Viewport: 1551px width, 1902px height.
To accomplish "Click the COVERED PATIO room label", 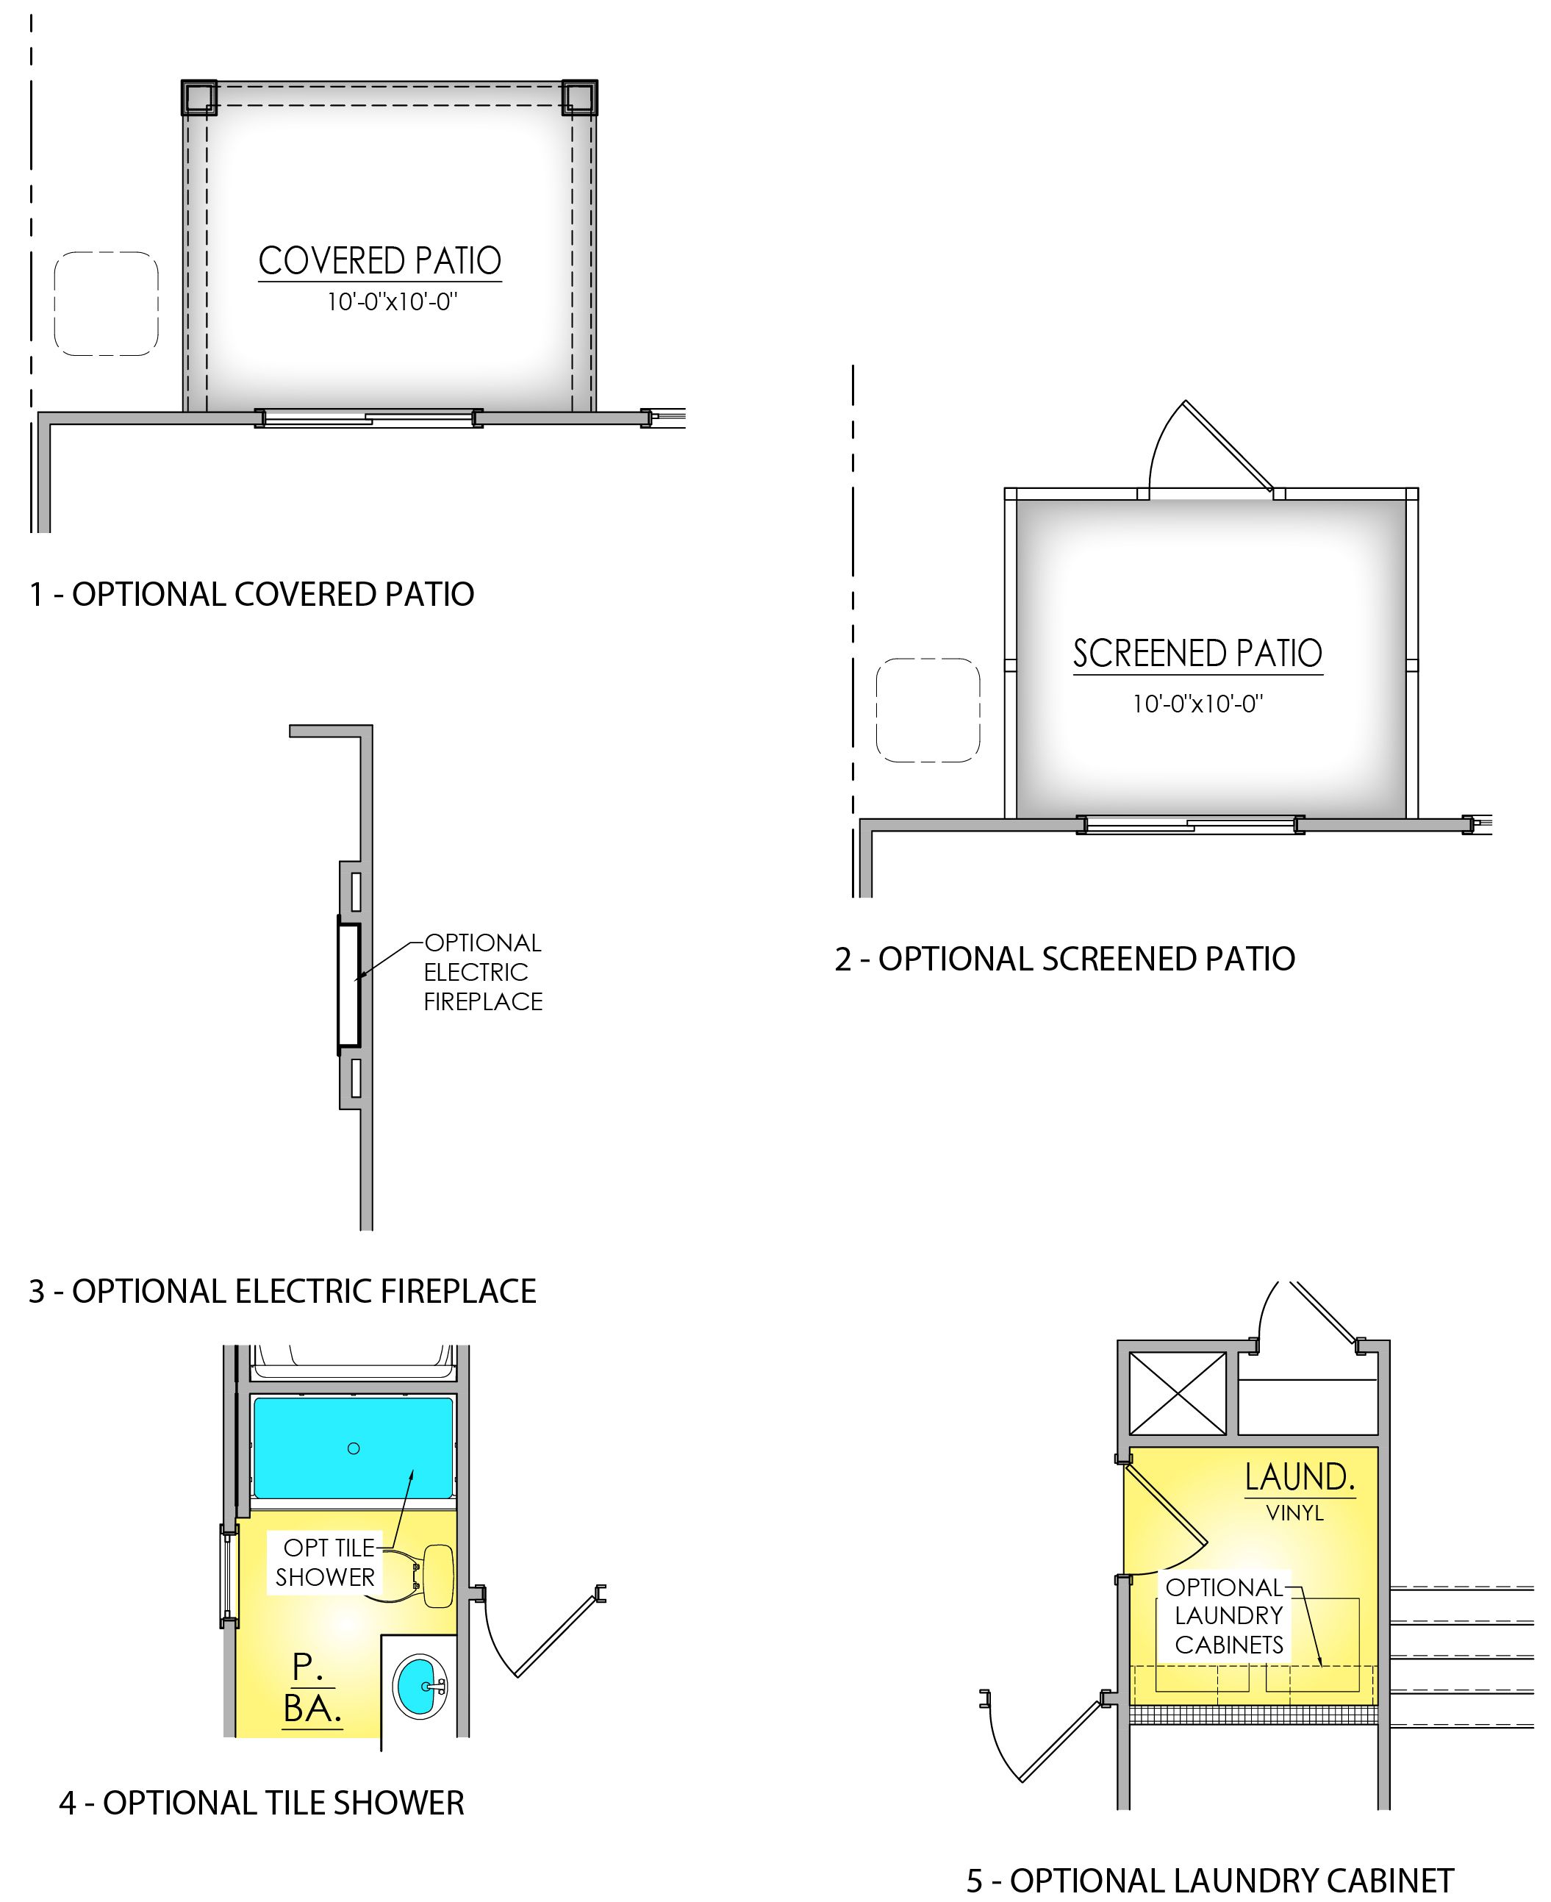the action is coord(380,261).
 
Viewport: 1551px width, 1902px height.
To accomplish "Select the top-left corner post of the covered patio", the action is coord(199,97).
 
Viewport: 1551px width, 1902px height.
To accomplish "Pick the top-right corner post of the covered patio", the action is coord(579,97).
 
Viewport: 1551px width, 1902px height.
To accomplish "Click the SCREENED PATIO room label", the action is coord(1197,653).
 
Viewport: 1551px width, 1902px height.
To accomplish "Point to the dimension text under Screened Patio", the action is coord(1197,704).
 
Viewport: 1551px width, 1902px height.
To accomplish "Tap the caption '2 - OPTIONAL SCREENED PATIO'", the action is coord(1064,959).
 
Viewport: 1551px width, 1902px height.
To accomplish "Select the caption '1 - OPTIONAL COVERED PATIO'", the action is coord(251,594).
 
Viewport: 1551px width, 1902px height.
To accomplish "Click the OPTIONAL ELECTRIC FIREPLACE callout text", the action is coord(482,972).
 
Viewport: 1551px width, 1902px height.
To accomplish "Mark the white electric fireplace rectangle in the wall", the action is coord(348,984).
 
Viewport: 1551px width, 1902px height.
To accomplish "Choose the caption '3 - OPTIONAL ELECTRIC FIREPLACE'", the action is coord(282,1291).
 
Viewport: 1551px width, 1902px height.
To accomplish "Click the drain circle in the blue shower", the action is coord(354,1448).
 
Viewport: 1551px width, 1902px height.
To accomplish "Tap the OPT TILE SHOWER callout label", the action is coord(325,1562).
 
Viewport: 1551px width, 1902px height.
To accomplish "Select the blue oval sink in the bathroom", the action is coord(420,1686).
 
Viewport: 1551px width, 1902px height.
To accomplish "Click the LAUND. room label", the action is coord(1300,1478).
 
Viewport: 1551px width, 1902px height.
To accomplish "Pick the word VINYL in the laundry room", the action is coord(1294,1512).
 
